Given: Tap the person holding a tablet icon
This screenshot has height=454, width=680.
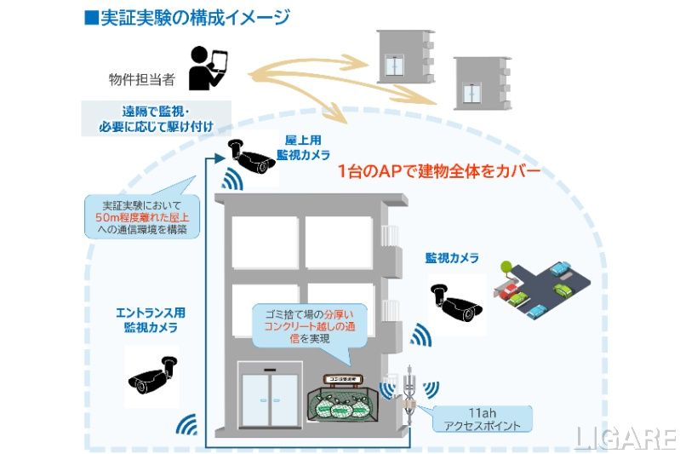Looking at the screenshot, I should coord(207,68).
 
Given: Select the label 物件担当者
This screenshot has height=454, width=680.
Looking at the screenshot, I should coord(143,80).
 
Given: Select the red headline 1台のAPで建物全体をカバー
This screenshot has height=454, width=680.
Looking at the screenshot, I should coord(438,170).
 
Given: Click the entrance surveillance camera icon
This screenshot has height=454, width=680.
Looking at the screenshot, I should coord(152,376).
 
